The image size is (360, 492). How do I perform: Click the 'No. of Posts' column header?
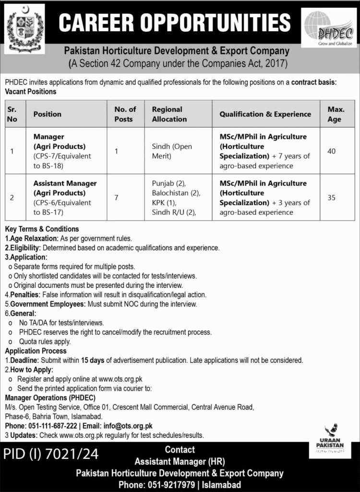[x=125, y=114]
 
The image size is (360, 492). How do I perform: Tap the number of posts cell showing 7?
[x=117, y=197]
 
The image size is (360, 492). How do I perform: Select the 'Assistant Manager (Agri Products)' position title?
[x=65, y=188]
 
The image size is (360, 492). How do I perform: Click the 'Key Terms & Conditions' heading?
[x=42, y=229]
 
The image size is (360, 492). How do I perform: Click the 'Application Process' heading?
[x=36, y=351]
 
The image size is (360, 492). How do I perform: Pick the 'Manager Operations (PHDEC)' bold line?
[x=50, y=398]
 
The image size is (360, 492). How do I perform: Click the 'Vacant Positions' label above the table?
[x=30, y=91]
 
